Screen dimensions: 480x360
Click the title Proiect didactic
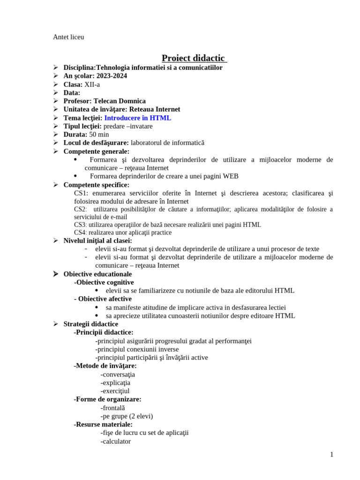click(x=194, y=58)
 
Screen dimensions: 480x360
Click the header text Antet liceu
click(x=68, y=37)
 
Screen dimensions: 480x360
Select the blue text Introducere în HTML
click(x=137, y=118)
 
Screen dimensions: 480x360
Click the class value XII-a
click(x=92, y=84)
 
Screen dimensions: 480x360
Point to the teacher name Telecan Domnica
click(x=120, y=101)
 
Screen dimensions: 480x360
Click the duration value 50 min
click(x=99, y=135)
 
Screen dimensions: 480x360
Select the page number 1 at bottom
click(x=331, y=454)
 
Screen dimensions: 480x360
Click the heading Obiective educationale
click(x=97, y=274)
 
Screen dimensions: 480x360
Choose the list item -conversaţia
click(x=118, y=375)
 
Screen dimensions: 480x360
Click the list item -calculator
click(x=116, y=441)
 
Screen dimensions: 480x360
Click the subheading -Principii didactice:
click(x=104, y=332)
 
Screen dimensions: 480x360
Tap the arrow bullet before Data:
click(x=55, y=93)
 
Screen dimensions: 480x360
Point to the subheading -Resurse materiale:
click(x=103, y=424)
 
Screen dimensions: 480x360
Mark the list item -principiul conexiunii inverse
click(x=137, y=349)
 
